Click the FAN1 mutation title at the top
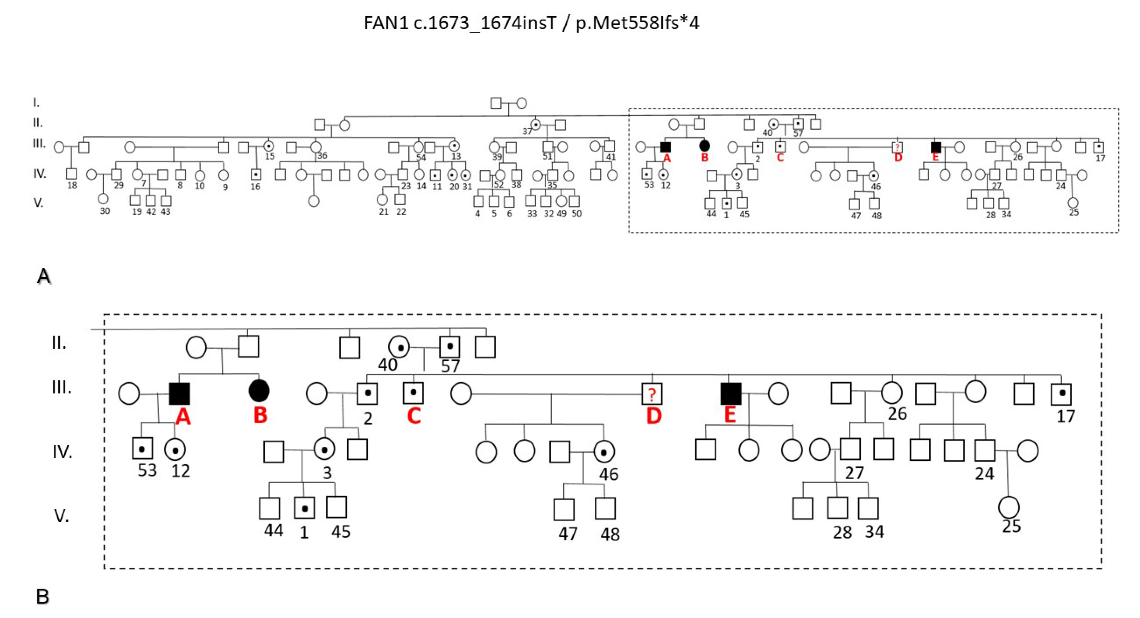pos(531,23)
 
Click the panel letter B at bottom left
pos(42,596)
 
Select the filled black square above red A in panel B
pos(180,393)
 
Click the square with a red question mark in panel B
pos(652,394)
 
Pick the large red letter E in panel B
pos(730,415)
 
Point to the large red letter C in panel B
pos(414,416)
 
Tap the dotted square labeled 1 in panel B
pos(304,508)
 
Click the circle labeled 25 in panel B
pos(1009,507)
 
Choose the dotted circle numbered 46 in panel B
pos(604,452)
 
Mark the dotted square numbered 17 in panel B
pos(1061,394)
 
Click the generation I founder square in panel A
pos(496,103)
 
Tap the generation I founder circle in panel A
pos(522,103)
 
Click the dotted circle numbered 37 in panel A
pos(536,124)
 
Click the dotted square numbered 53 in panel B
pos(142,448)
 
